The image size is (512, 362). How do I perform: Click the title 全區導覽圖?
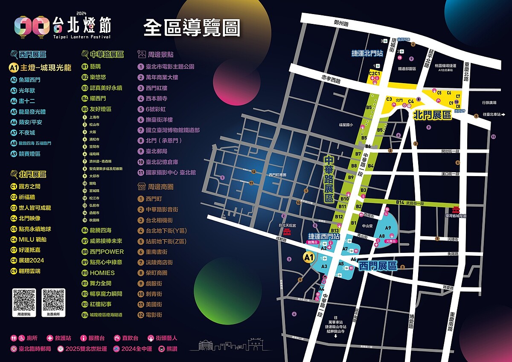(x=192, y=28)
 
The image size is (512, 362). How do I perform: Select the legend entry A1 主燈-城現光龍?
(x=41, y=67)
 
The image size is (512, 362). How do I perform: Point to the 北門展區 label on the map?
(x=432, y=115)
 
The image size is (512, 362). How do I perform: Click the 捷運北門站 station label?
(x=367, y=53)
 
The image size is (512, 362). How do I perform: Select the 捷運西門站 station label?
(x=324, y=236)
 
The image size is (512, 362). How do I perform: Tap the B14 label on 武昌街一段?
(x=400, y=202)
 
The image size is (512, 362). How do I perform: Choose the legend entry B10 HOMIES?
(x=99, y=273)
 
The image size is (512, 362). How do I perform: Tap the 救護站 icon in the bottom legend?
(x=50, y=338)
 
